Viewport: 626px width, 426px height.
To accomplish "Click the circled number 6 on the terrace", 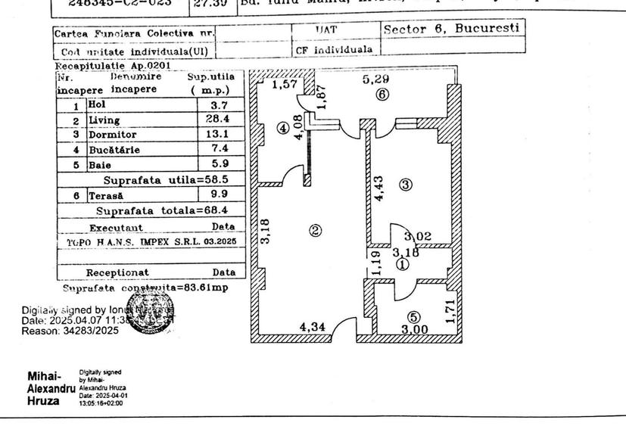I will [x=382, y=95].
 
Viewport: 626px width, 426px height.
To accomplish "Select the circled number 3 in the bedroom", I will [x=406, y=185].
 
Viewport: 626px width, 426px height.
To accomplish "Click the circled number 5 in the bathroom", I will [x=413, y=318].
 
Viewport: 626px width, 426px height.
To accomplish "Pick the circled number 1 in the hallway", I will [x=403, y=264].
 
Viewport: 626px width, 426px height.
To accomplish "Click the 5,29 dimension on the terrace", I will [x=376, y=78].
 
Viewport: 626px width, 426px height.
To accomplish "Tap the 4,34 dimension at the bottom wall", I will [x=313, y=328].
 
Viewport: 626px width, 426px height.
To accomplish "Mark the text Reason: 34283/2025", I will [x=70, y=331].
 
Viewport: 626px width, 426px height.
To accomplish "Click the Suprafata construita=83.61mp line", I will [x=145, y=288].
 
